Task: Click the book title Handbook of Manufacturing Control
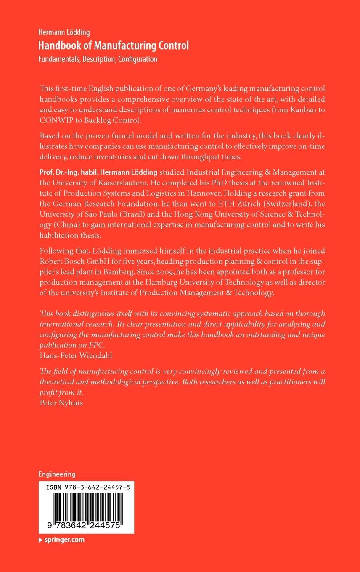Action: point(114,46)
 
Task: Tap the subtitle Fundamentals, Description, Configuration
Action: point(98,59)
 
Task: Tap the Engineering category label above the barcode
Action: point(57,474)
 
